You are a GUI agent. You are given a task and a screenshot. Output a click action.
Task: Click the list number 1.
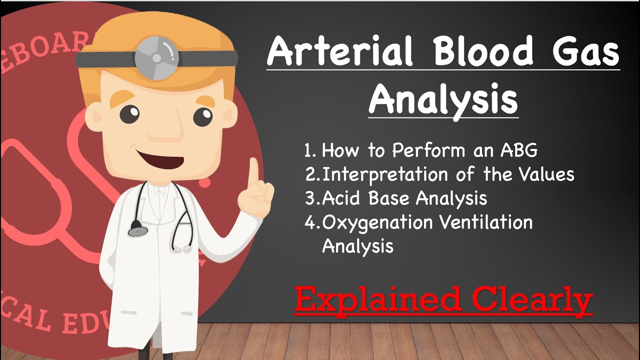[x=309, y=150]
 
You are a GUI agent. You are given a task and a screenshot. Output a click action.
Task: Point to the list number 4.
[x=310, y=222]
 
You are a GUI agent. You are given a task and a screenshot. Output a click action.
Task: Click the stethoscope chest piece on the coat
[x=138, y=230]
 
